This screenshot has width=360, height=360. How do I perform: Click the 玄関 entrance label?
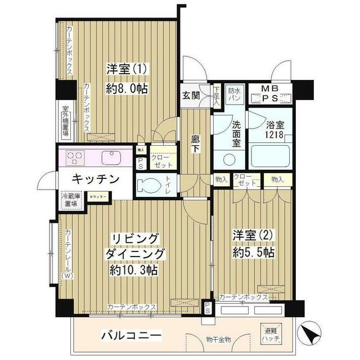click(191, 95)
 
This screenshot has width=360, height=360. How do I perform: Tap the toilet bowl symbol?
click(152, 185)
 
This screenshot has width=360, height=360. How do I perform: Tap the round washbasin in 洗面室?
click(229, 159)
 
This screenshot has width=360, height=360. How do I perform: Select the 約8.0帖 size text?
click(127, 88)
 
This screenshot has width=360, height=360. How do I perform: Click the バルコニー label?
click(132, 336)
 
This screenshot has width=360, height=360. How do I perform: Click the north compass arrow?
click(309, 335)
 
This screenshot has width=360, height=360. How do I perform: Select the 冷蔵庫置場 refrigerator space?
click(71, 201)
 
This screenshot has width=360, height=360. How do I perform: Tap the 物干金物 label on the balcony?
click(202, 339)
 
